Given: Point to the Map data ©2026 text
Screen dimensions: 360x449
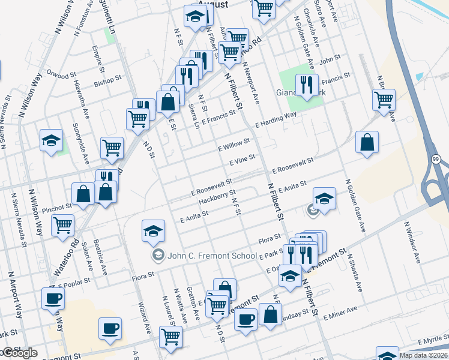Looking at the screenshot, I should point(424,355).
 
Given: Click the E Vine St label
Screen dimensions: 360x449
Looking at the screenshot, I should point(243,160).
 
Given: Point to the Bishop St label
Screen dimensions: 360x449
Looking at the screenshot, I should point(108,79).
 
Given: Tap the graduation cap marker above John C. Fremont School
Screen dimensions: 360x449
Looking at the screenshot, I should point(153,230).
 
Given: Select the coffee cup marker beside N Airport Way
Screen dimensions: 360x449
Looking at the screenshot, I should point(53,298).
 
